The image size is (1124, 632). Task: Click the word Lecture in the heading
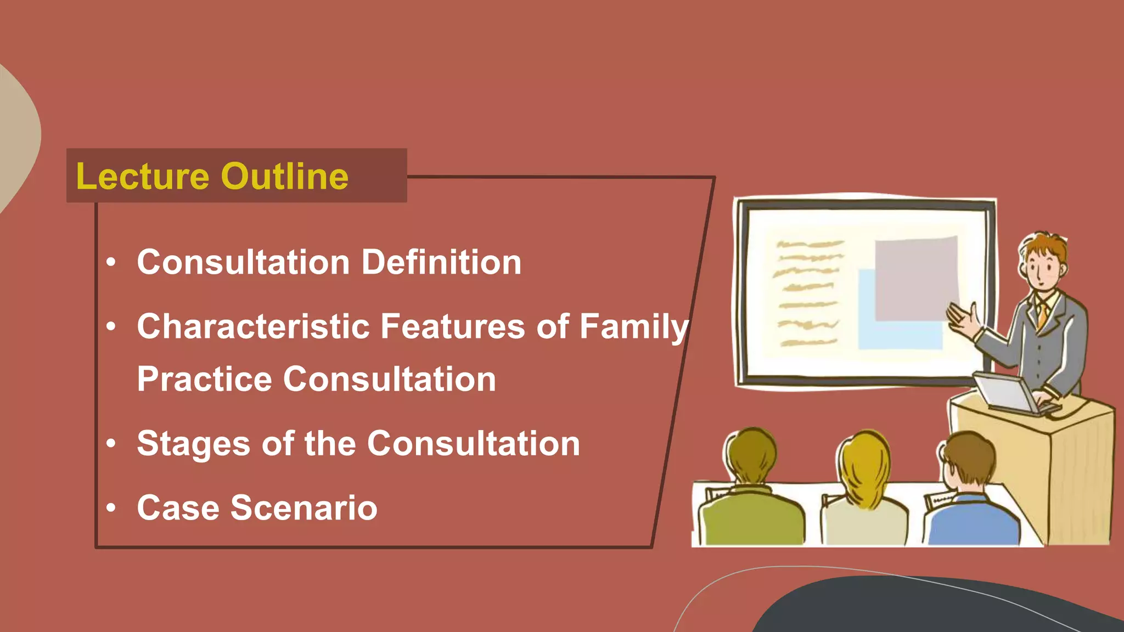pos(143,177)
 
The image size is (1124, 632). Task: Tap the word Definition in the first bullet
pos(441,262)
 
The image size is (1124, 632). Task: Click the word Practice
pos(204,379)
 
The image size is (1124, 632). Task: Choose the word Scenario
pos(304,508)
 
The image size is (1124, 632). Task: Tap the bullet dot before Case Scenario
pos(111,508)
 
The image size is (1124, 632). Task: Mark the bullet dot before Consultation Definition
pos(111,263)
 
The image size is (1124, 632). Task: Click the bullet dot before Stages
pos(111,443)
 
